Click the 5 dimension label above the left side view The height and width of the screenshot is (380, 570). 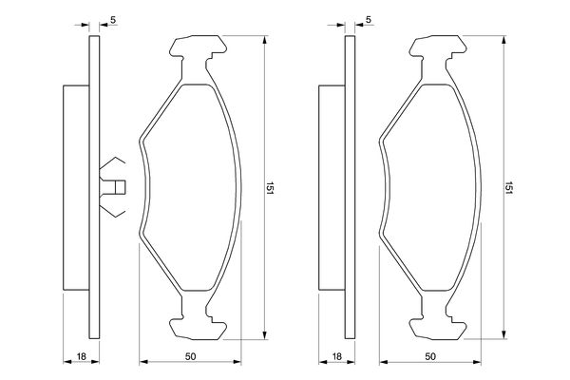pos(113,20)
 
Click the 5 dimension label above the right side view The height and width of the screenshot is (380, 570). pos(369,20)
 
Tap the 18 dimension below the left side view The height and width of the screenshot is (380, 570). pos(82,356)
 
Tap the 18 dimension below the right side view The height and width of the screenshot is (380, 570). pos(337,356)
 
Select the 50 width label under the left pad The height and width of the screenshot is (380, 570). pos(190,357)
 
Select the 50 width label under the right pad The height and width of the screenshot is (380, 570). pos(430,357)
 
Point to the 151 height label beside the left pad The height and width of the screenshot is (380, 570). pos(270,188)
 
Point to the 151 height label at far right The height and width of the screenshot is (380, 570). pos(509,188)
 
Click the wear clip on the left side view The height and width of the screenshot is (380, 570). pos(112,187)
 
